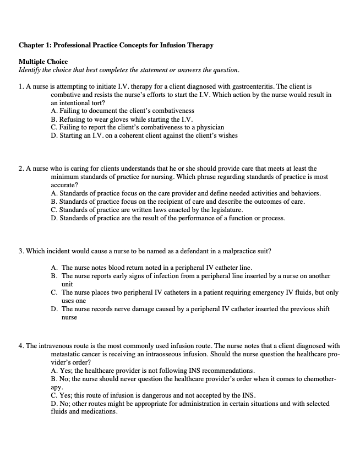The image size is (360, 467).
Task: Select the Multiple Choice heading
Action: [x=43, y=61]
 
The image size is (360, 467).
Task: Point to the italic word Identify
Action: [x=31, y=70]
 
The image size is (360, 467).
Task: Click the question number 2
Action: [x=20, y=169]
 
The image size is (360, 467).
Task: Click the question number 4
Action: [x=20, y=346]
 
